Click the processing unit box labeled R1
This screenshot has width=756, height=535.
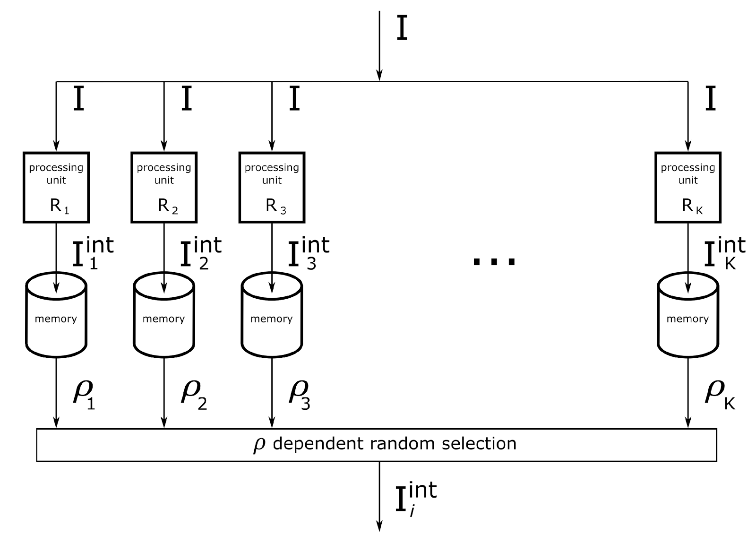click(56, 187)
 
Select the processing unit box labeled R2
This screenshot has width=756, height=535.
click(164, 187)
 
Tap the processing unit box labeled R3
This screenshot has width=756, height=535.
click(272, 187)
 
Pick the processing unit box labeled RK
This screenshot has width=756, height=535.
click(688, 187)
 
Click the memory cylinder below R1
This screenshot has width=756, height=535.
click(56, 317)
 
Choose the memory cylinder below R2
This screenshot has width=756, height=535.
click(164, 317)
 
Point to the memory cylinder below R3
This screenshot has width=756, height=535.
click(272, 317)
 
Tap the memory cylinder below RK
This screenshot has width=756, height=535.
click(688, 317)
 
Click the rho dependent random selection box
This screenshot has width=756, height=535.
click(377, 445)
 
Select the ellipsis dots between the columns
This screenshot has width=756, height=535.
click(494, 261)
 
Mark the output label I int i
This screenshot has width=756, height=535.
click(415, 499)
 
